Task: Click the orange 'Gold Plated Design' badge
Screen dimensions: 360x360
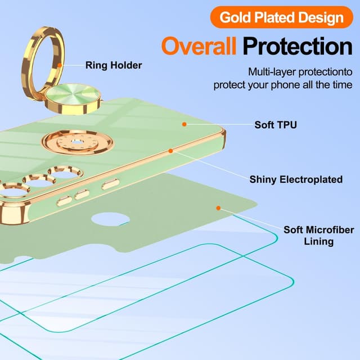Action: (x=281, y=17)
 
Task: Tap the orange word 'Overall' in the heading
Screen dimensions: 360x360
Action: (x=199, y=46)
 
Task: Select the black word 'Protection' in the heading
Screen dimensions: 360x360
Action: (x=298, y=46)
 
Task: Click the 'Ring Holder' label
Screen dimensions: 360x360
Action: (x=114, y=65)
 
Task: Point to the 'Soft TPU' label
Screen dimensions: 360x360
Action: (x=276, y=124)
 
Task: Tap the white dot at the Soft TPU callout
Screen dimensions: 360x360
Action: (x=183, y=123)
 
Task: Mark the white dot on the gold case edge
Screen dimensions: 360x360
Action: (x=170, y=151)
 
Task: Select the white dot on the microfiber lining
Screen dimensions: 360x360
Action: (x=217, y=208)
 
